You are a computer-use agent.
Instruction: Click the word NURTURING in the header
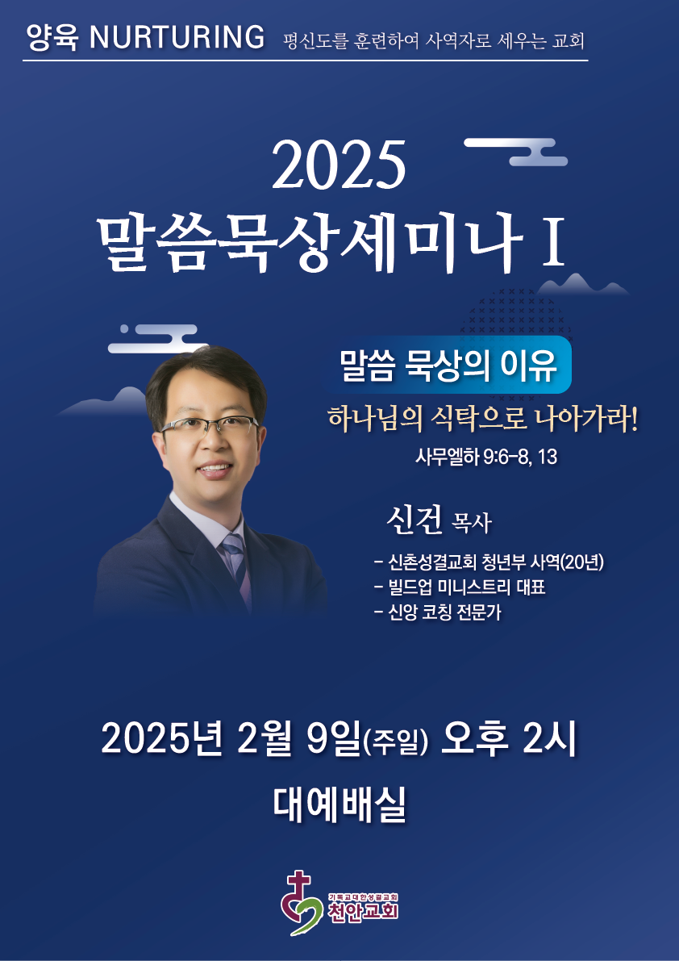point(177,38)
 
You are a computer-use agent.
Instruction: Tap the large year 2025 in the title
point(339,165)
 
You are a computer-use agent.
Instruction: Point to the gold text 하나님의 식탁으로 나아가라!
point(483,422)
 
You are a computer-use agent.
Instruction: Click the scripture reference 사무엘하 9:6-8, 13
point(486,457)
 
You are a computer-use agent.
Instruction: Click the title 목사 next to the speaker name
point(471,524)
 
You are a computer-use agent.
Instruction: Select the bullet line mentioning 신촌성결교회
point(489,562)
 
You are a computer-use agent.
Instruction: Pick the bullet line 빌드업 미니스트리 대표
point(459,587)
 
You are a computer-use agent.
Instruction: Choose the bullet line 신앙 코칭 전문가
point(437,612)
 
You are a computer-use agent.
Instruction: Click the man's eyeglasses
point(210,426)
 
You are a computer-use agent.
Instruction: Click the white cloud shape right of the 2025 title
point(515,152)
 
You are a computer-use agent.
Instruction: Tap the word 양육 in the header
point(54,38)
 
